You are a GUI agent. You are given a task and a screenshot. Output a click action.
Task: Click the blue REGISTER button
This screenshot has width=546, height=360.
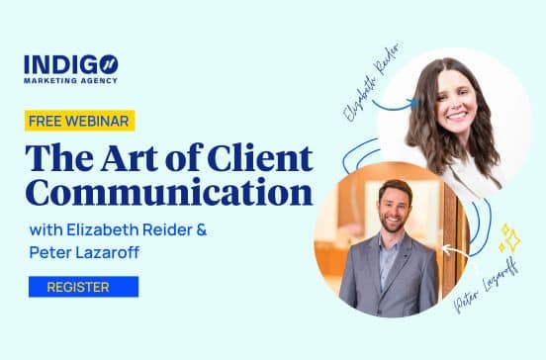[x=83, y=287]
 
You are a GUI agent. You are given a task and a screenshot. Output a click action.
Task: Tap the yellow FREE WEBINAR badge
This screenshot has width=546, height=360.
[x=80, y=121]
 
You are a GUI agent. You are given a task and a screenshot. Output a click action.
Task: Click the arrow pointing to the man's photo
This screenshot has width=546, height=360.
[x=453, y=249]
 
